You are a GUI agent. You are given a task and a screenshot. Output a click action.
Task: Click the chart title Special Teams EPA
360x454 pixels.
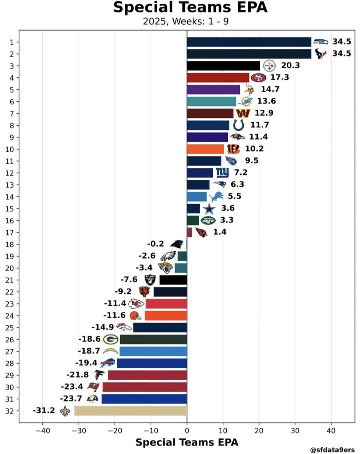[x=190, y=7]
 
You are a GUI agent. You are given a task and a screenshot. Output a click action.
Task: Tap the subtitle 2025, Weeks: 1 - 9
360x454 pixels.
[x=186, y=21]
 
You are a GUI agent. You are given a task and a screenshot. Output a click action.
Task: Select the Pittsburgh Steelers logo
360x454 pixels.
[x=269, y=66]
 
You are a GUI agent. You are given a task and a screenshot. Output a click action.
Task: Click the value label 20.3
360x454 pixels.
[x=290, y=65]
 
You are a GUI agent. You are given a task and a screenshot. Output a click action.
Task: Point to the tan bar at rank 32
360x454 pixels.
[x=131, y=411]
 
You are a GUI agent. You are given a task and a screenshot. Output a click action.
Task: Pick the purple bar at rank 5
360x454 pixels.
[x=213, y=89]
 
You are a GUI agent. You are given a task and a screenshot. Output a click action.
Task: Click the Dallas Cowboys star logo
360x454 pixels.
[x=209, y=208]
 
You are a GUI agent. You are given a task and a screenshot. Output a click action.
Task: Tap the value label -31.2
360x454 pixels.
[x=44, y=410]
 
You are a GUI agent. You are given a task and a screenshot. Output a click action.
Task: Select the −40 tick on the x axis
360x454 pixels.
[x=43, y=431]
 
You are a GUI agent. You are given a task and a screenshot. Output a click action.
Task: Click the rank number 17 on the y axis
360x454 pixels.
[x=10, y=233]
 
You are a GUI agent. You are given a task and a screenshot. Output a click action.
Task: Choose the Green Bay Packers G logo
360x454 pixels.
[x=111, y=340]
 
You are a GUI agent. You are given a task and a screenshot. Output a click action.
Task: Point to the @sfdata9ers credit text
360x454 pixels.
[x=332, y=450]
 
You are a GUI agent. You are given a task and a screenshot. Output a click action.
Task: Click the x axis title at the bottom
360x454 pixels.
[x=187, y=442]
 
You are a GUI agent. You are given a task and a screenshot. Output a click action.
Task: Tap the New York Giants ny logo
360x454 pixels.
[x=222, y=172]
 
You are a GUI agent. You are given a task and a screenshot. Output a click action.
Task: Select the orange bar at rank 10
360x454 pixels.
[x=205, y=149]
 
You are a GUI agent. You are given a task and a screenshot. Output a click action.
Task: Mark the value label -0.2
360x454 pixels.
[x=156, y=244]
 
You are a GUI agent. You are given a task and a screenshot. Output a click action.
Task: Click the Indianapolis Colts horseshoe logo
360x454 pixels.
[x=238, y=125]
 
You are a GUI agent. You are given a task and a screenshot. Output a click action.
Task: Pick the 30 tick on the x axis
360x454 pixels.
[x=295, y=431]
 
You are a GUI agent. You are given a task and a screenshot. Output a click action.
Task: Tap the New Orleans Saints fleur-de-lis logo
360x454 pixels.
[x=65, y=411]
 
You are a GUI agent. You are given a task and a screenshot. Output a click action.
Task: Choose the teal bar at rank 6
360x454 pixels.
[x=211, y=101]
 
